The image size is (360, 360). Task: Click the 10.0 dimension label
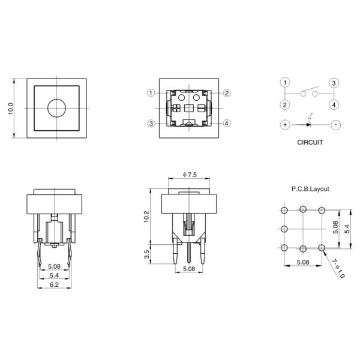tap(10, 109)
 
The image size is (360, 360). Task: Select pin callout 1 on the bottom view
tap(150, 93)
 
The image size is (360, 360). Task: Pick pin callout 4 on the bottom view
tap(227, 124)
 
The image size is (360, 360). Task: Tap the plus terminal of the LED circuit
tap(285, 125)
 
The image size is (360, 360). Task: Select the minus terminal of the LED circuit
tap(335, 125)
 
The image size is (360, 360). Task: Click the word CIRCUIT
tap(310, 143)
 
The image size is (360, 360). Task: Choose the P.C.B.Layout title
tap(310, 188)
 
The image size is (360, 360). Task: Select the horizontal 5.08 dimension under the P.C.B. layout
tap(302, 262)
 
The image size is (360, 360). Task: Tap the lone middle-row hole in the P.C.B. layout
tap(283, 229)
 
